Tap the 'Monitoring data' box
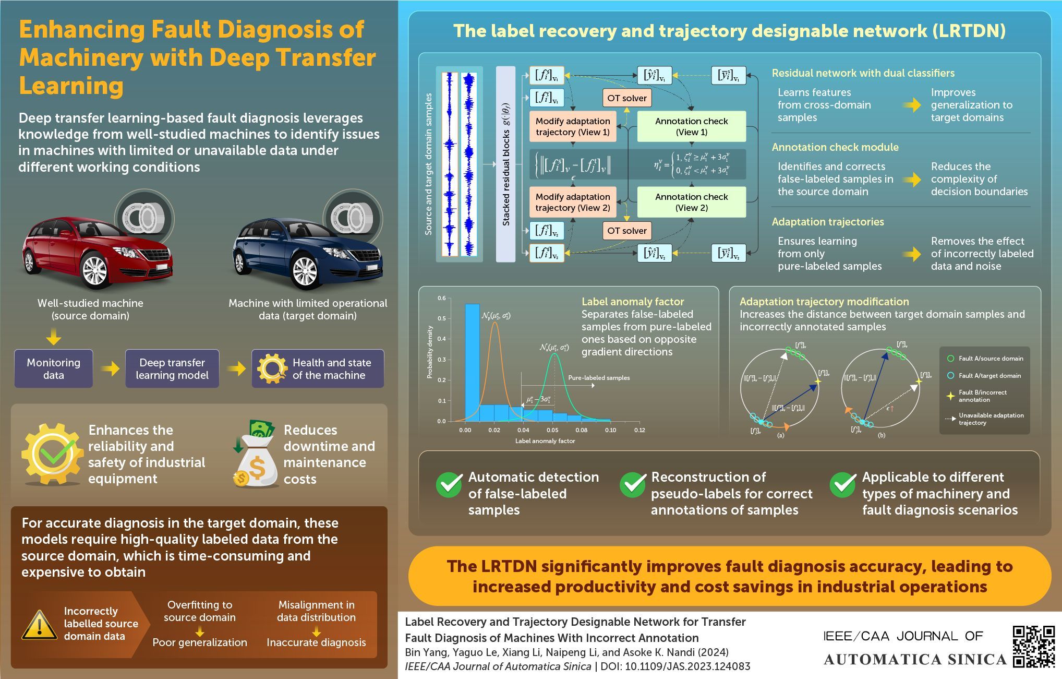point(53,368)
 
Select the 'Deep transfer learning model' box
point(172,368)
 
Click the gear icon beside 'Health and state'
point(272,368)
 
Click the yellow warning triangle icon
point(39,625)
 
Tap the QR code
point(1033,646)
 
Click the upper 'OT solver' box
point(626,98)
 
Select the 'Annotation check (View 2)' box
point(691,202)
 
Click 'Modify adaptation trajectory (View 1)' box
point(572,126)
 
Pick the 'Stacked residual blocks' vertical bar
point(505,164)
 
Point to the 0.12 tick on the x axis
point(639,430)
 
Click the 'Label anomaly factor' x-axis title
point(545,441)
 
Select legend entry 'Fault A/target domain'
point(989,375)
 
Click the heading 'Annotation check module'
point(835,147)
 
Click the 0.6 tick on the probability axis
point(441,298)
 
